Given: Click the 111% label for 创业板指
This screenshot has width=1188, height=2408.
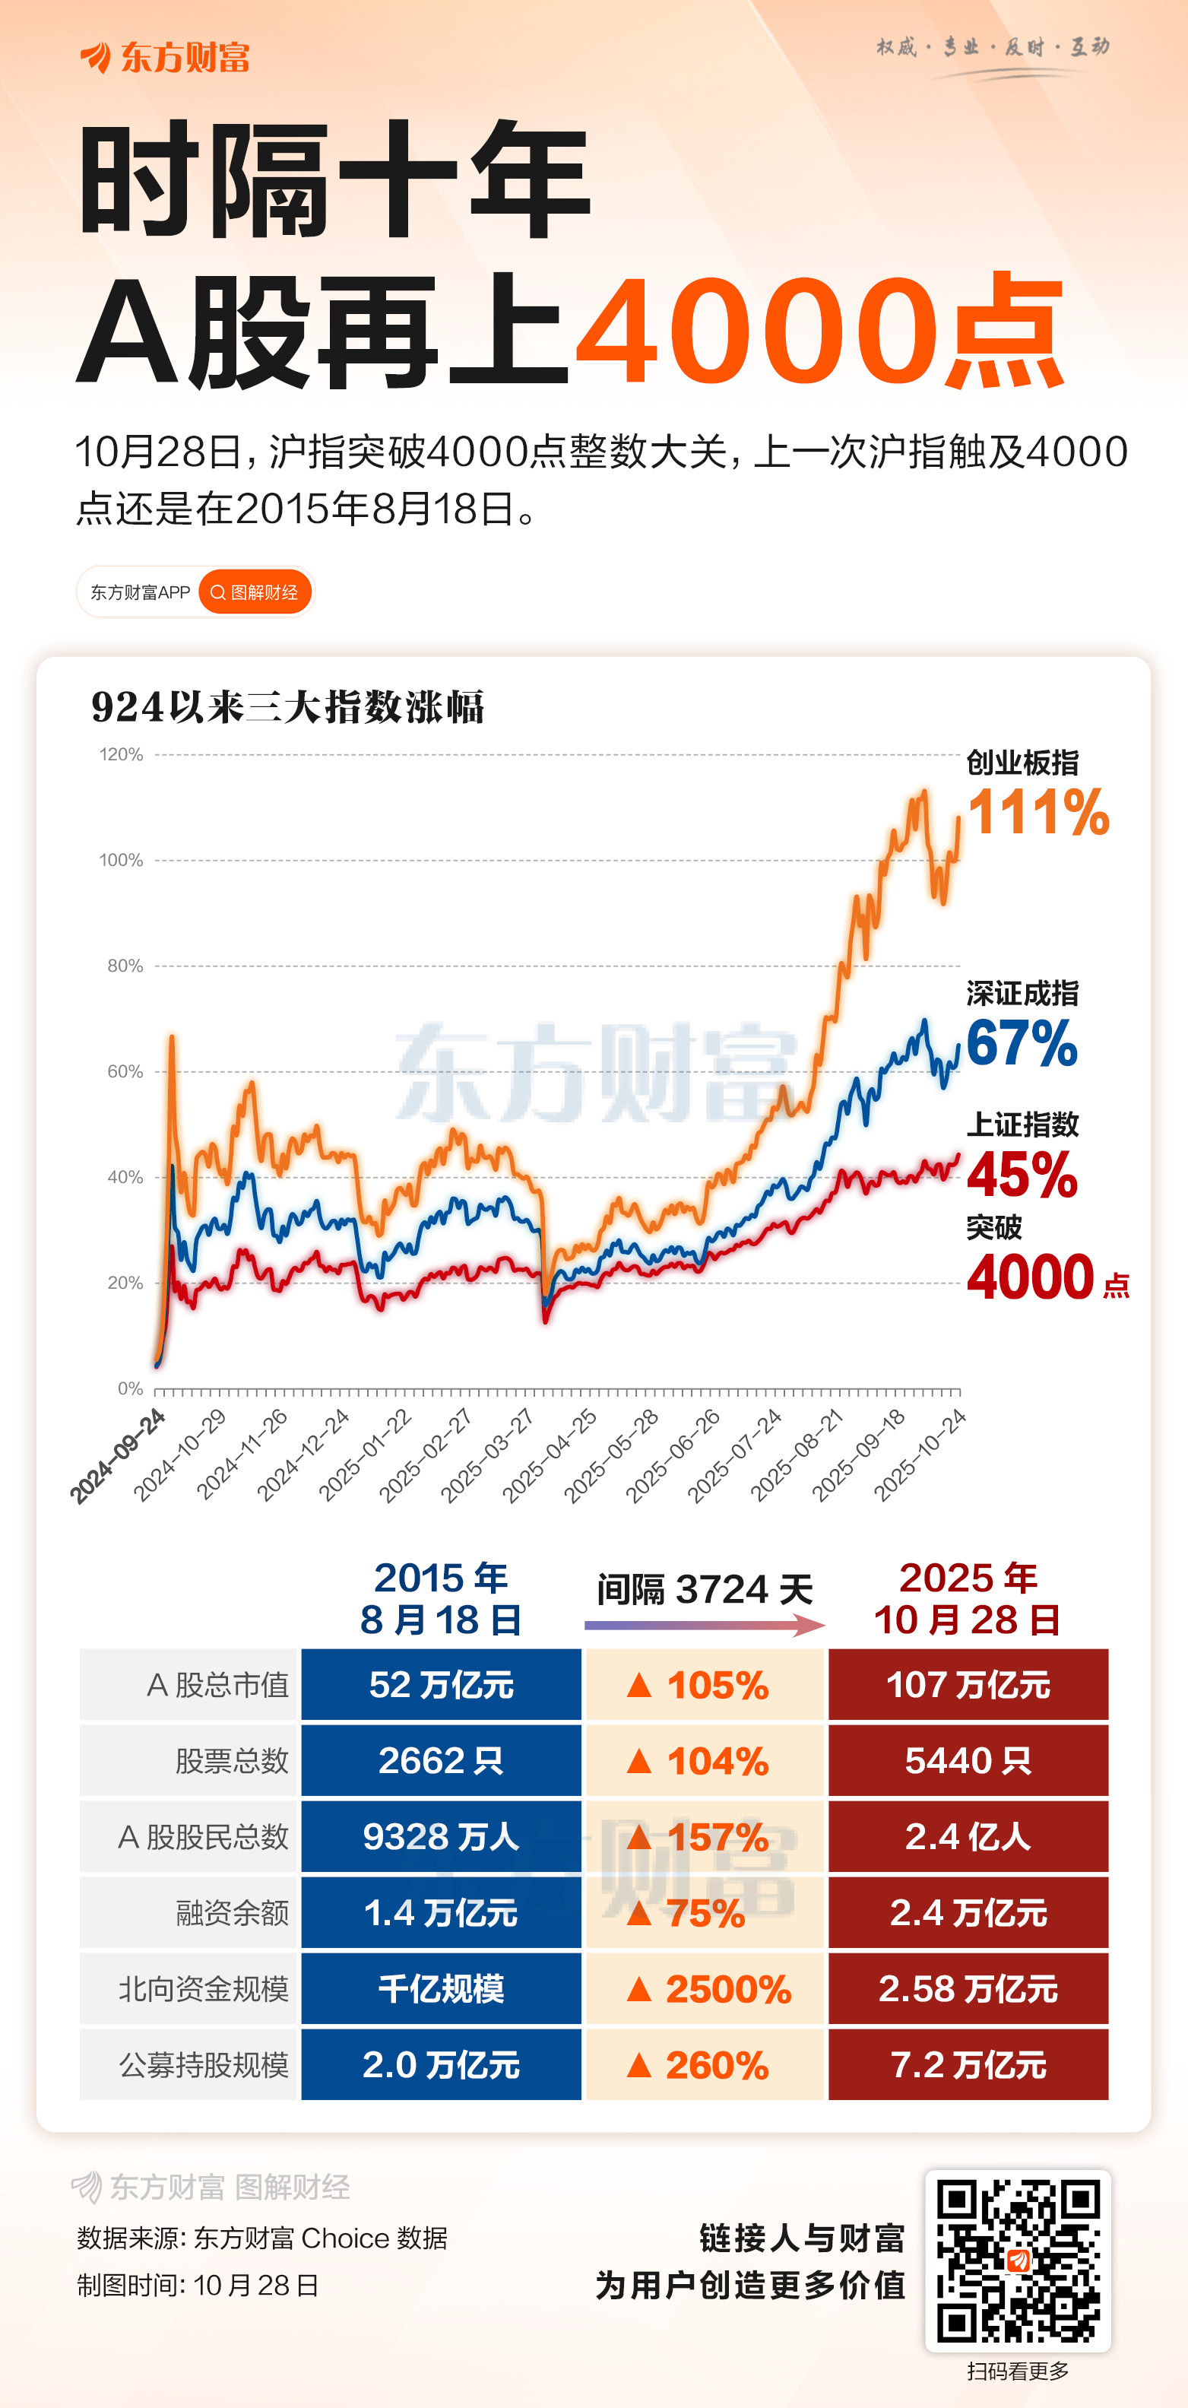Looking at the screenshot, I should pos(1038,811).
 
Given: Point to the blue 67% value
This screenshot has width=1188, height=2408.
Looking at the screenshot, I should pos(1021,1043).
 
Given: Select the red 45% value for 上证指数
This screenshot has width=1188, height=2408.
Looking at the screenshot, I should pos(1021,1174).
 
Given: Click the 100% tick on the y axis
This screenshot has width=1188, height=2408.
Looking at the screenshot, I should pos(122,860).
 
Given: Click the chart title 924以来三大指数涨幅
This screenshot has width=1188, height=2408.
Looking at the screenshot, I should pos(288,706).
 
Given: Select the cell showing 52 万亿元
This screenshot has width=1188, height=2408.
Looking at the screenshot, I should pos(441,1684).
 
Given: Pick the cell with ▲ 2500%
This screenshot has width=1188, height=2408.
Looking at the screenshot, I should pos(705,1989).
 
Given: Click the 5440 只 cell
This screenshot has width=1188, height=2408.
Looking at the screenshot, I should pos(968,1761).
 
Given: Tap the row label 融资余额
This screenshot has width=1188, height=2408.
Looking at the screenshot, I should pos(232,1912).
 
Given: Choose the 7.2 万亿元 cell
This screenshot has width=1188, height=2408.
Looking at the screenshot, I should pos(968,2065).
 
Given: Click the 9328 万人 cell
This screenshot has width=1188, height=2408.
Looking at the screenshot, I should pos(441,1837).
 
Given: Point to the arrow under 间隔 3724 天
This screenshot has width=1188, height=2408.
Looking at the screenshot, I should pos(704,1626).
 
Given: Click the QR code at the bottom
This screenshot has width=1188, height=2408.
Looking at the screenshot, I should pos(1017,2260).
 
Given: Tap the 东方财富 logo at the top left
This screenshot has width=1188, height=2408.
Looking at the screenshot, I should pos(166,57).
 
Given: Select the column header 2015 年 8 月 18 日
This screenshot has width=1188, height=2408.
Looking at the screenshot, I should pos(441,1598).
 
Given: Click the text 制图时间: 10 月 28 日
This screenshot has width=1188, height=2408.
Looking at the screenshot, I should pos(198,2286).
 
